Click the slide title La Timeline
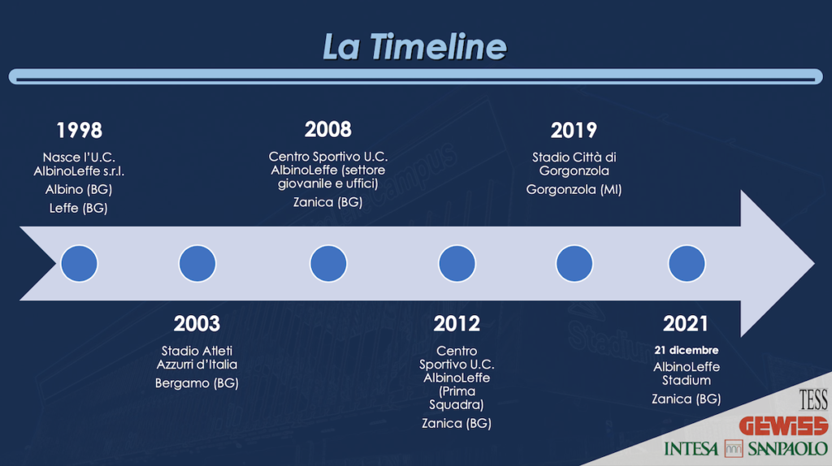pyautogui.click(x=414, y=46)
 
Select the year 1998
pyautogui.click(x=79, y=131)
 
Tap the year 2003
pyautogui.click(x=197, y=324)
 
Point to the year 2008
pyautogui.click(x=328, y=129)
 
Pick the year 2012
pyautogui.click(x=457, y=324)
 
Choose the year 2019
pyautogui.click(x=574, y=131)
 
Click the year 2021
pyautogui.click(x=686, y=324)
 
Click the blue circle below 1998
pyautogui.click(x=79, y=264)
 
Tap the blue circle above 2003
pyautogui.click(x=197, y=264)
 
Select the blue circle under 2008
pyautogui.click(x=328, y=264)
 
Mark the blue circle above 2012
pyautogui.click(x=457, y=264)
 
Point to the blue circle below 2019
pyautogui.click(x=574, y=264)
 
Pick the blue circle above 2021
pyautogui.click(x=687, y=264)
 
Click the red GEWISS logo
pyautogui.click(x=783, y=425)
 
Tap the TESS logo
pyautogui.click(x=813, y=399)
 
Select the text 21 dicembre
pyautogui.click(x=686, y=350)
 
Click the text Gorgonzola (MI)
pyautogui.click(x=574, y=190)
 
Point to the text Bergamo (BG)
pyautogui.click(x=197, y=383)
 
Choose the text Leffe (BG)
pyautogui.click(x=79, y=209)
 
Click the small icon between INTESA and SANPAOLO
pyautogui.click(x=734, y=448)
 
